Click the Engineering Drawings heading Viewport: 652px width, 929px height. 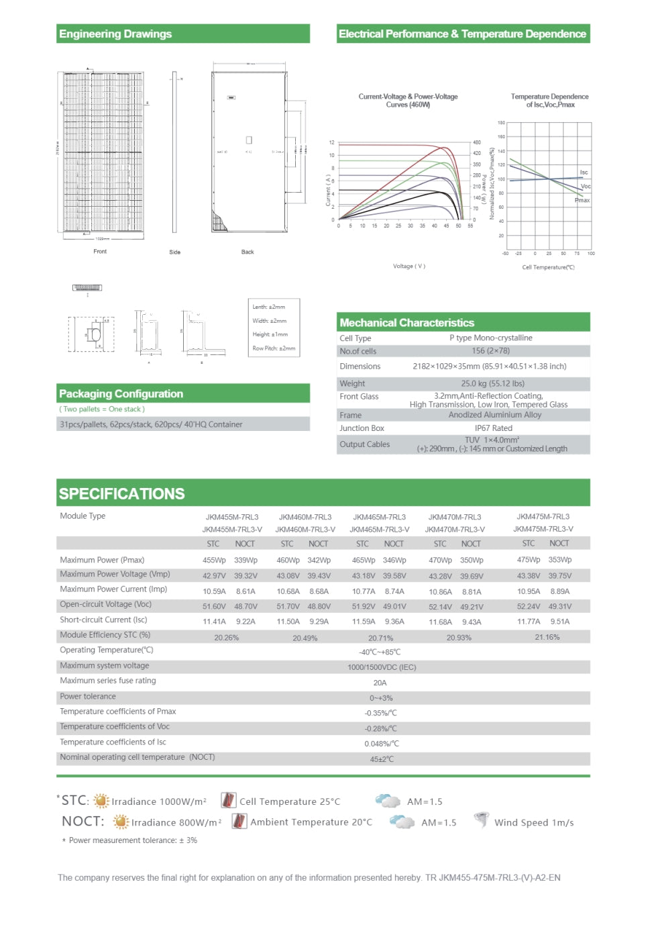[x=115, y=34]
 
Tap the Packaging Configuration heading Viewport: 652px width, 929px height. [x=121, y=394]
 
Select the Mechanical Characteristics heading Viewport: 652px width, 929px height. [x=406, y=323]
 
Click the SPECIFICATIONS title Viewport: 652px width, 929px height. [x=121, y=494]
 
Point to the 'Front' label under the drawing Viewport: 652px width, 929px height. [x=100, y=252]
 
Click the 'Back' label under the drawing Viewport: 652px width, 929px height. [x=248, y=252]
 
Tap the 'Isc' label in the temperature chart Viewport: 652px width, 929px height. [x=584, y=173]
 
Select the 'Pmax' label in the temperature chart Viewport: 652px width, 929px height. [x=582, y=200]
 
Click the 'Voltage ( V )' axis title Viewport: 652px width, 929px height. [x=409, y=266]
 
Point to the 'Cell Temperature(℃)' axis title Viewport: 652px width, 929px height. [x=548, y=267]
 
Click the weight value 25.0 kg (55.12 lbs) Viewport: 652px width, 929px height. [x=492, y=384]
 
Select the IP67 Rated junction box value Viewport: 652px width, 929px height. [x=493, y=428]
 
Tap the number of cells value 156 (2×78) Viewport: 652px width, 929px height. [x=490, y=351]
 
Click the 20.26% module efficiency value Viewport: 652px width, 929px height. [x=227, y=638]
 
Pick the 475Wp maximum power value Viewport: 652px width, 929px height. [x=529, y=560]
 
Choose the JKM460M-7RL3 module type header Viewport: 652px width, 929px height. [x=305, y=517]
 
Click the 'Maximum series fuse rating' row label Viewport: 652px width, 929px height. [x=108, y=681]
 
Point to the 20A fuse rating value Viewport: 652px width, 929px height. [x=380, y=683]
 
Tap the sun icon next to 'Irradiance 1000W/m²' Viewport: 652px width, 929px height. [x=101, y=801]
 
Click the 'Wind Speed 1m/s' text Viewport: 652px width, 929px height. [x=534, y=823]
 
